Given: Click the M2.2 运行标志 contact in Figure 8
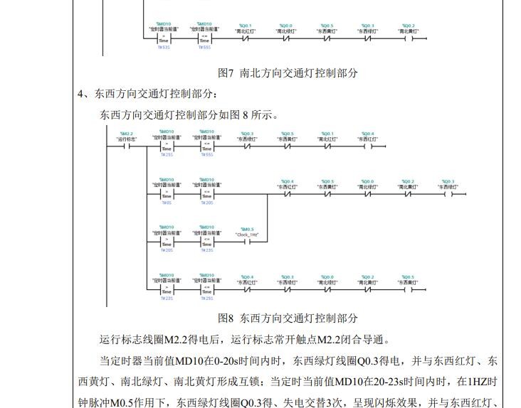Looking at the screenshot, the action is click(127, 147).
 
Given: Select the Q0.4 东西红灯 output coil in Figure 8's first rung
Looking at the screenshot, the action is click(367, 147).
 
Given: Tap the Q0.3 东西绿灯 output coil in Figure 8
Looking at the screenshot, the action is click(448, 193).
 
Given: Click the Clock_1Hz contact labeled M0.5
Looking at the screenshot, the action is click(247, 241).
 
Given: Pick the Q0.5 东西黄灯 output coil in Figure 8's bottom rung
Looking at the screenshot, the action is click(407, 289).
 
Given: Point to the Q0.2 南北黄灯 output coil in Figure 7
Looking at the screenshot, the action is click(408, 38).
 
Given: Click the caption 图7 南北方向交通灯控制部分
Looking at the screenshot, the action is click(288, 73).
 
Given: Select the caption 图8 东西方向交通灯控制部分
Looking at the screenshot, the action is click(288, 318).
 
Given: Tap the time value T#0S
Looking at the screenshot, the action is click(167, 203).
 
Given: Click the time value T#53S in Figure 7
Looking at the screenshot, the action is click(164, 48).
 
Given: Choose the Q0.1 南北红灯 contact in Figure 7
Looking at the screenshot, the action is click(246, 38).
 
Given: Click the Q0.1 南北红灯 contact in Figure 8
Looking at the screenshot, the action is click(327, 147).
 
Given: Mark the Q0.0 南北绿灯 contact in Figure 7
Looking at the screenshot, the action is click(286, 38).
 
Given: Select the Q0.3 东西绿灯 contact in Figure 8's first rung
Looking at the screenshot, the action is click(247, 147).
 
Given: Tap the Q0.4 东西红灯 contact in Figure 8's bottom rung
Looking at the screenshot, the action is click(247, 289).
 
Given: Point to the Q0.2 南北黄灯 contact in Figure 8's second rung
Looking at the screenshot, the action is click(407, 193).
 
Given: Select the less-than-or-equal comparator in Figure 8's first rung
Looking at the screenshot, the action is click(206, 147).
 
